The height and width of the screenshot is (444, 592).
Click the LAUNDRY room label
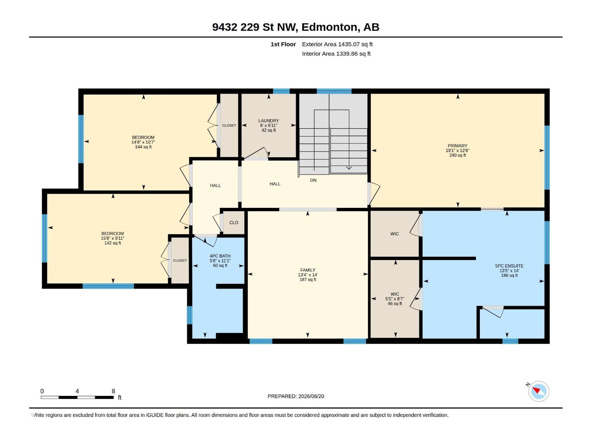tap(268, 121)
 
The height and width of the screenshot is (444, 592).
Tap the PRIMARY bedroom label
tap(457, 146)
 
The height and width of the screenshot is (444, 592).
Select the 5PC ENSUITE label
tap(509, 266)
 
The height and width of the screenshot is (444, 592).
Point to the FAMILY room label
tap(308, 270)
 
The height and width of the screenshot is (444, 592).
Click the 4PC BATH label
tap(220, 256)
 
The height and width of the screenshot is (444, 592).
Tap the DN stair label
tap(313, 180)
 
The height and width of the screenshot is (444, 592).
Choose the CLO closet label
tap(233, 223)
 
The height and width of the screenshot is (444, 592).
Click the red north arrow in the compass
tap(536, 390)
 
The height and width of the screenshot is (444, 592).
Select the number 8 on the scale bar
tap(113, 391)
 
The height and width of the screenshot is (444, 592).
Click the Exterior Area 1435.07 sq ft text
tap(337, 44)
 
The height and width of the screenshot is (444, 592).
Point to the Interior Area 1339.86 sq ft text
tap(336, 54)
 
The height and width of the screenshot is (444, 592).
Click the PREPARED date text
tap(296, 396)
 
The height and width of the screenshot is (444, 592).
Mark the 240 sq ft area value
tap(457, 155)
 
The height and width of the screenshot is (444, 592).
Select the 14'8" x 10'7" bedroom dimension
tap(143, 142)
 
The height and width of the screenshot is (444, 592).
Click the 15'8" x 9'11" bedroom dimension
tap(112, 238)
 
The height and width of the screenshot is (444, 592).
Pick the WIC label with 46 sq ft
tap(394, 294)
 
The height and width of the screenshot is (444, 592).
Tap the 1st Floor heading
tap(283, 44)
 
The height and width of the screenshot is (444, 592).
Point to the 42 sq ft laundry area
tap(269, 130)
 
